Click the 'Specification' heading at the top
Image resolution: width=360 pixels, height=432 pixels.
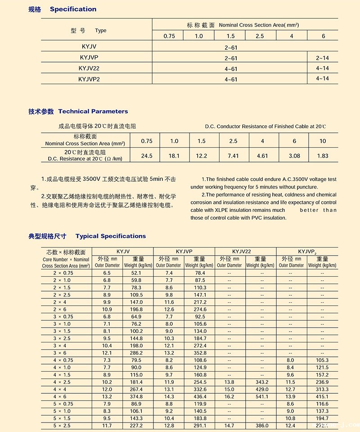point(73,9)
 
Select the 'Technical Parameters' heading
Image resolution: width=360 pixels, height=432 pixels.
point(93,111)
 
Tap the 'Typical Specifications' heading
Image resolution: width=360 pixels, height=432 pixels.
point(111,236)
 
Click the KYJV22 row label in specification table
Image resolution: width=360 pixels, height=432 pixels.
point(89,68)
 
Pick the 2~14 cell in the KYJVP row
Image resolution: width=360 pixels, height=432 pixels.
point(322,58)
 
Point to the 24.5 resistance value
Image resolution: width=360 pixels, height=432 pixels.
point(147,156)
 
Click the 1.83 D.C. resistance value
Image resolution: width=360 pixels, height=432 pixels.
point(323,156)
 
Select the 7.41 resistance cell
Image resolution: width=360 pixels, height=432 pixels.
point(233,156)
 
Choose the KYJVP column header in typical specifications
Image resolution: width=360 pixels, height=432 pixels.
point(184,251)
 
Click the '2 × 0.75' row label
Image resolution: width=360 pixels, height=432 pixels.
point(63,273)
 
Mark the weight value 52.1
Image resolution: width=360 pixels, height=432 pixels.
point(136,273)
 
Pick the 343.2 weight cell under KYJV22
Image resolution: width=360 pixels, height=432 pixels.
point(261,382)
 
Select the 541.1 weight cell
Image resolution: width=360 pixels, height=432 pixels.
point(261,397)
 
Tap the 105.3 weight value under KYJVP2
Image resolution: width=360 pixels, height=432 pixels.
point(322,360)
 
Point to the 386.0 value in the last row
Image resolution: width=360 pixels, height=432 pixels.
point(261,426)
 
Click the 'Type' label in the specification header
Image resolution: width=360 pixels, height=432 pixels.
point(101,31)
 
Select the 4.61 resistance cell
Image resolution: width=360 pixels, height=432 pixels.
point(262,156)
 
